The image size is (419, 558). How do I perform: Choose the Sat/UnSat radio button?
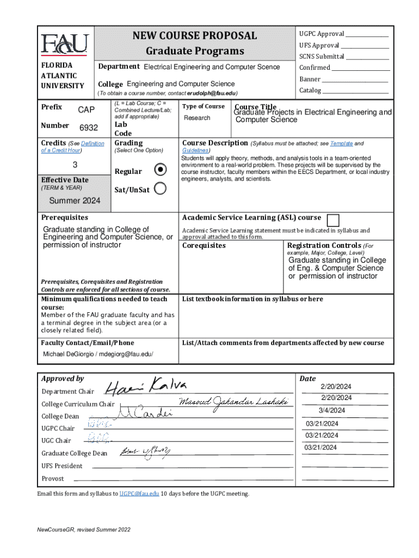[161, 189]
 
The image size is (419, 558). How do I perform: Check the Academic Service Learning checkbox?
[333, 220]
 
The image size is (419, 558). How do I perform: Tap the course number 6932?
[89, 128]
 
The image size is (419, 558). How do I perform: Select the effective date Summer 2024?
[75, 201]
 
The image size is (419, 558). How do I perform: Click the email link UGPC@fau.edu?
[139, 494]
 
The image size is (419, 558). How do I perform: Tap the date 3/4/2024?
[332, 410]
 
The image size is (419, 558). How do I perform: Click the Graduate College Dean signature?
[144, 451]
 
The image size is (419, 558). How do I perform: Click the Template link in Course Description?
[341, 143]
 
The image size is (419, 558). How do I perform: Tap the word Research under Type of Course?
[197, 118]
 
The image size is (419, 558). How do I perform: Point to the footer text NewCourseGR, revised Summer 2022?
[84, 530]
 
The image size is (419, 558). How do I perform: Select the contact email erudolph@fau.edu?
[212, 94]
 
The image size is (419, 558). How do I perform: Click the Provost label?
[53, 478]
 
